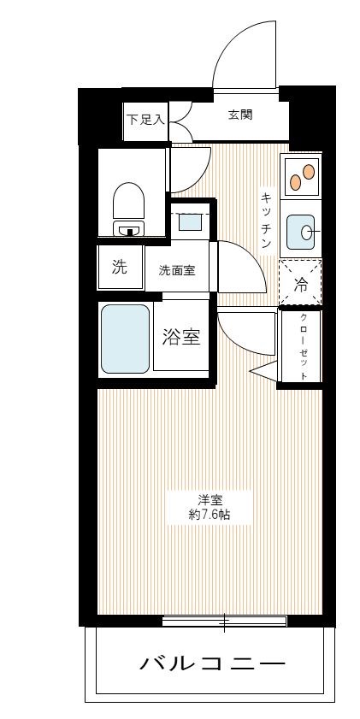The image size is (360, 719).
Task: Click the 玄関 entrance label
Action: pos(239,116)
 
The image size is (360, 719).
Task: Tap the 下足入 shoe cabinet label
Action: pos(145,121)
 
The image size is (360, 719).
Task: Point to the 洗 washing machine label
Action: pos(120,267)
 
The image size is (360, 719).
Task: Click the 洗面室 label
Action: pos(177,270)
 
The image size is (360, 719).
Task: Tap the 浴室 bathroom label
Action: pos(181,336)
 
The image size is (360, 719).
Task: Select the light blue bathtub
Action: pos(125,339)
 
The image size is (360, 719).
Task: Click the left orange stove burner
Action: pos(295,181)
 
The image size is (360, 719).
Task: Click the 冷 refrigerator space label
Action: pos(301,286)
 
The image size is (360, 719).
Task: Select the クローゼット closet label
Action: pos(304,346)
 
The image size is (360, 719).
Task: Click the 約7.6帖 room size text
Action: pos(210,514)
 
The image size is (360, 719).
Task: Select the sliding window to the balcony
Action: pos(224,622)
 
